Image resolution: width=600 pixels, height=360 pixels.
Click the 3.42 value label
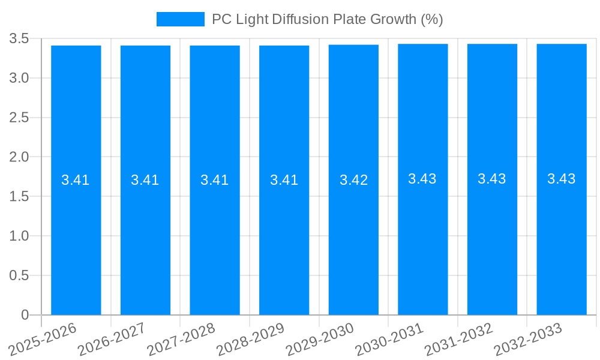pos(353,180)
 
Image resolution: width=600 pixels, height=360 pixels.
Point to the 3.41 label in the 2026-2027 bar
pos(145,180)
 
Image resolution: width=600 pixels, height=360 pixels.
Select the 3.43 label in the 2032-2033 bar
pos(562,179)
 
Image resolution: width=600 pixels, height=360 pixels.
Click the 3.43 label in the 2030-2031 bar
pos(422,179)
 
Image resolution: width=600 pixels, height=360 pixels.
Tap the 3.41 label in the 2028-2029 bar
pos(284,180)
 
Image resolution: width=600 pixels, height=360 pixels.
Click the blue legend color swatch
pos(180,19)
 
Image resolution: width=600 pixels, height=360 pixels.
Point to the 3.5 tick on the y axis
pos(19,39)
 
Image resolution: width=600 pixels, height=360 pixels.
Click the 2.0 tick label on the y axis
pos(19,157)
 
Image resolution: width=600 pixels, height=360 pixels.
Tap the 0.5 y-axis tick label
pos(19,275)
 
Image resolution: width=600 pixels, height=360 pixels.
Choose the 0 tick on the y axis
pos(25,315)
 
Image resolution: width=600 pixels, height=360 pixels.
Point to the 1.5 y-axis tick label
pos(19,197)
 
